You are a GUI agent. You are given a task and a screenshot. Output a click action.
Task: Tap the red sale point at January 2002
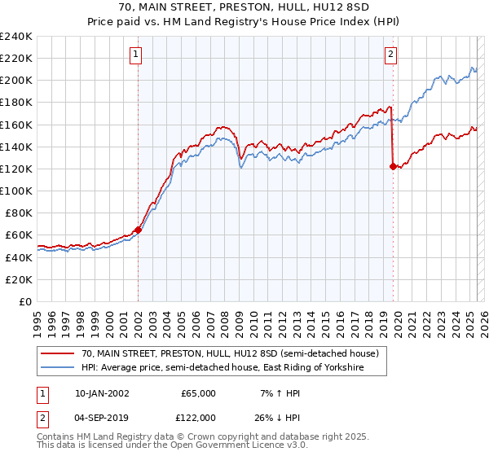click(x=138, y=230)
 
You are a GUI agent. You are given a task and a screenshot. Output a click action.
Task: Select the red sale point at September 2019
click(x=393, y=166)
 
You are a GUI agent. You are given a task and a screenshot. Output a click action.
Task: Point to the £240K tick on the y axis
click(x=16, y=37)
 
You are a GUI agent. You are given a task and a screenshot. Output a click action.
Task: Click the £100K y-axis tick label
click(x=16, y=191)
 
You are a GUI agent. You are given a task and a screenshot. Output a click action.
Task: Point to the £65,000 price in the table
click(x=198, y=393)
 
